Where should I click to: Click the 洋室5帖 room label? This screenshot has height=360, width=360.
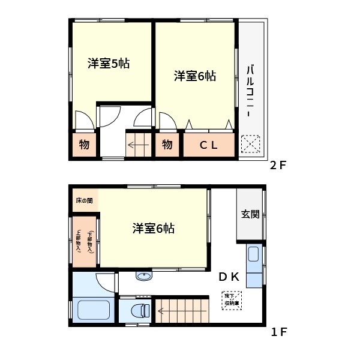tap(109, 64)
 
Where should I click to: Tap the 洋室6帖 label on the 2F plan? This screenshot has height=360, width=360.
tap(195, 76)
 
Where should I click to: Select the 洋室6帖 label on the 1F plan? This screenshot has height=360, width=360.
tap(154, 228)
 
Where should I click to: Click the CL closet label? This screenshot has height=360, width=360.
tap(208, 145)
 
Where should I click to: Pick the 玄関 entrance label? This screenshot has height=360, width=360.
tap(250, 214)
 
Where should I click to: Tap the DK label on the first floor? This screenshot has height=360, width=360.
tap(229, 277)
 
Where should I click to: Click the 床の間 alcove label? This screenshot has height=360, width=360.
tap(84, 200)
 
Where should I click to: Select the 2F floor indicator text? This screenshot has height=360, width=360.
tap(278, 166)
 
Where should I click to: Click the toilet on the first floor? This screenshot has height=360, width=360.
tap(139, 311)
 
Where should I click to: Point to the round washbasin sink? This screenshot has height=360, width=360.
tap(144, 276)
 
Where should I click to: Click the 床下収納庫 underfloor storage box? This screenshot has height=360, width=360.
tap(232, 300)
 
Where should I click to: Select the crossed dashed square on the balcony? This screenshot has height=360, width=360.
tap(250, 145)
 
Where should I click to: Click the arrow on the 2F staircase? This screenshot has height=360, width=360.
tap(139, 145)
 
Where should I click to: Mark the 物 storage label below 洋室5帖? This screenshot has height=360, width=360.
tap(84, 145)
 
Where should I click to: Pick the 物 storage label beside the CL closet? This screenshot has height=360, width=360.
tap(167, 145)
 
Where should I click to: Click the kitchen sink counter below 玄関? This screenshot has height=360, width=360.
tap(254, 265)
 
